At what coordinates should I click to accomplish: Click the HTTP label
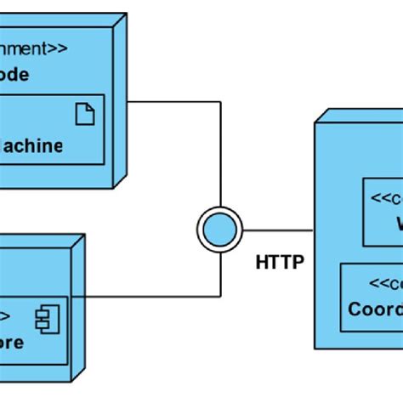279,262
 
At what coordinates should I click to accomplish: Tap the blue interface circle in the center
219,230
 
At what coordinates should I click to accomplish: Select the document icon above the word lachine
85,113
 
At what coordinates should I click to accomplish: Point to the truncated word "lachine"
31,145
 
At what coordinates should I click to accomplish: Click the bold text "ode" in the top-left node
14,75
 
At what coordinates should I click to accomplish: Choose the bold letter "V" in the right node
396,224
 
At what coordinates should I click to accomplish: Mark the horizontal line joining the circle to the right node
278,230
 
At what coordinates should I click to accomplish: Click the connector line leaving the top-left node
174,103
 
